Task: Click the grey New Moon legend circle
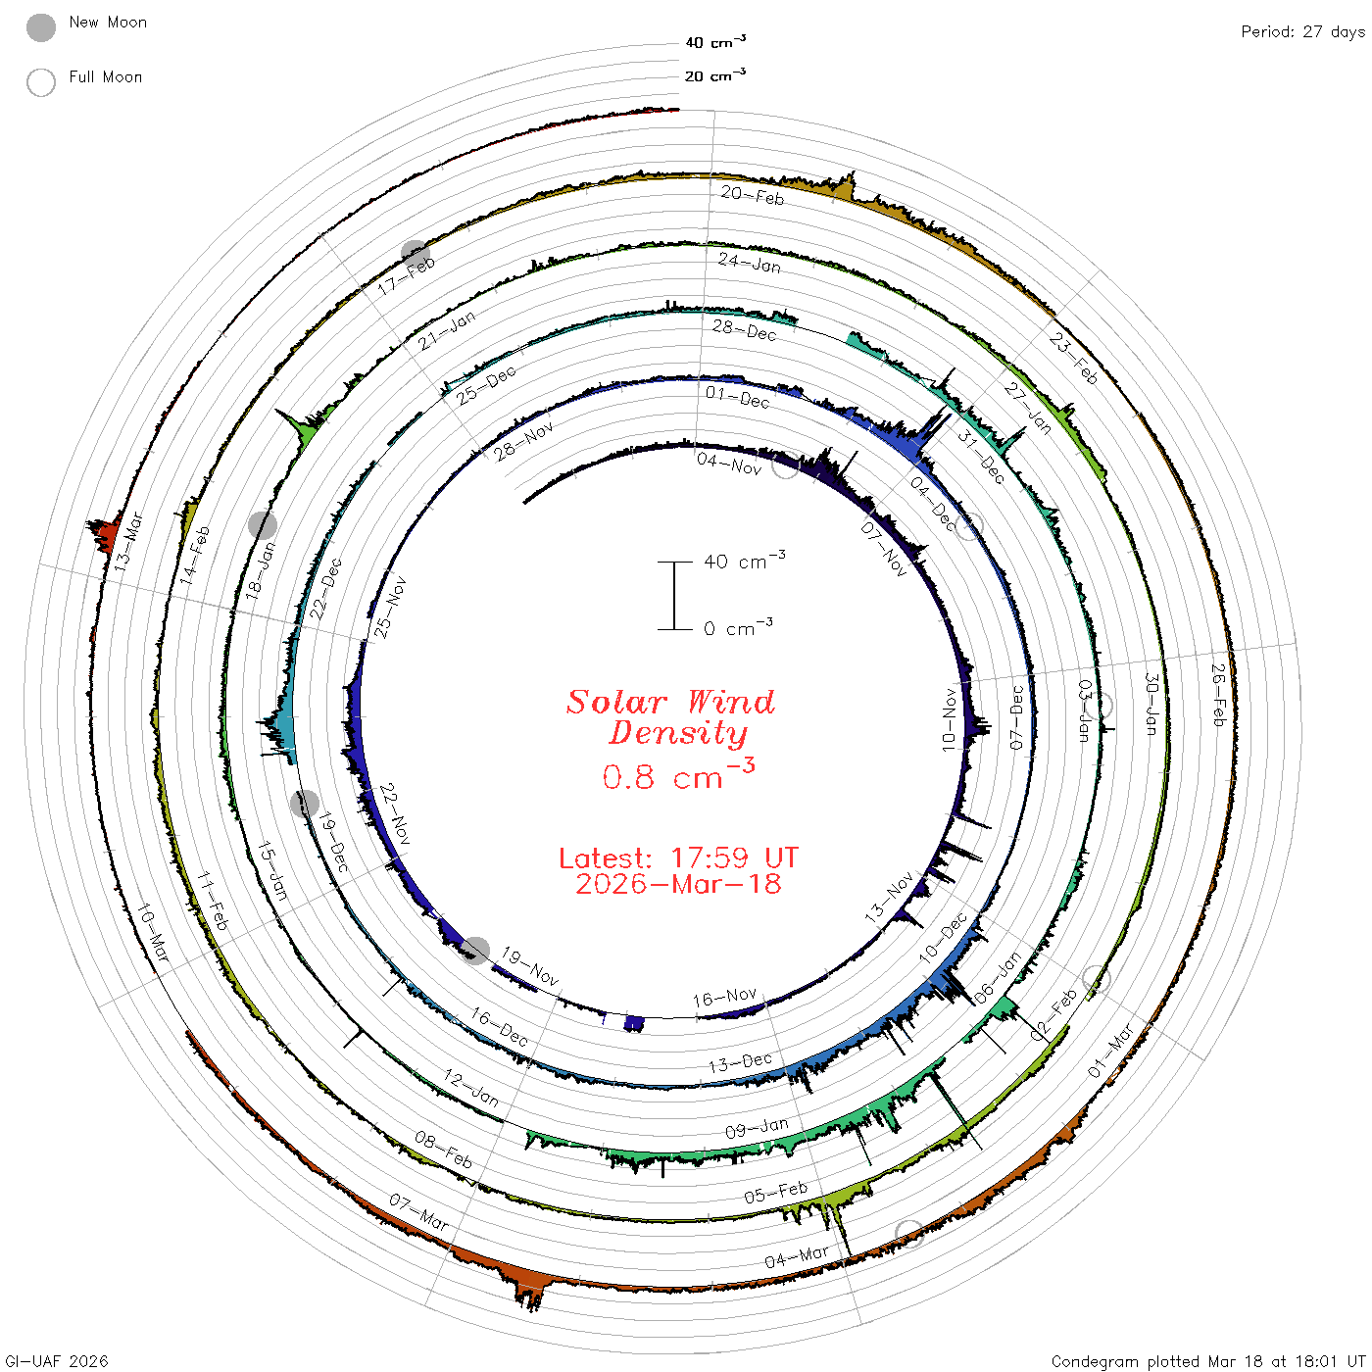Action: [x=41, y=27]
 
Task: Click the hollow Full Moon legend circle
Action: [x=41, y=82]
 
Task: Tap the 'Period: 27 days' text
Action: [x=1302, y=32]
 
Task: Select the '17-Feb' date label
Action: [x=406, y=276]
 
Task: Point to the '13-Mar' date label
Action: [x=128, y=541]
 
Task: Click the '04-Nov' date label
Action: [x=729, y=464]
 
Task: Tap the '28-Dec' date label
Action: [x=744, y=330]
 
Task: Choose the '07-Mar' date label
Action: [x=418, y=1212]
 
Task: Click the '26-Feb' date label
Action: [x=1219, y=695]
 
